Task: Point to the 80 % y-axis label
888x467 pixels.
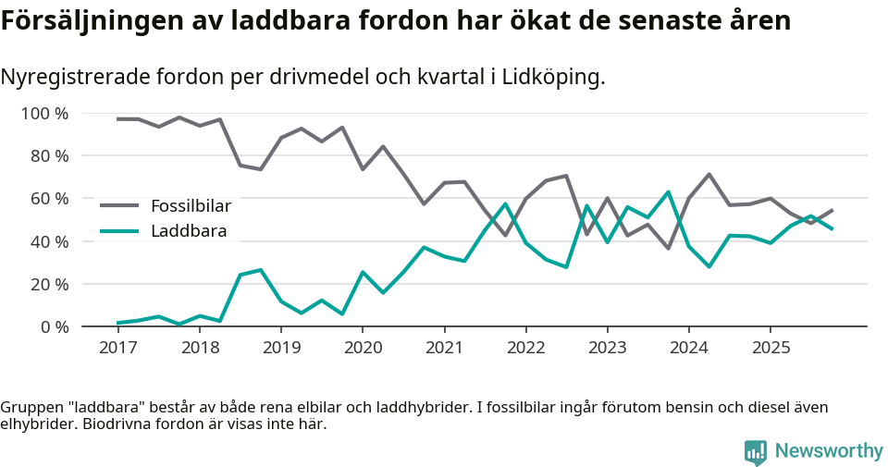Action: [50, 156]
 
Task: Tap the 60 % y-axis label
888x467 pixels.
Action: [50, 199]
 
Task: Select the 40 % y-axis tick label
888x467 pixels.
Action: [50, 241]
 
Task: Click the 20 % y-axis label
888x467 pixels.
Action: [50, 284]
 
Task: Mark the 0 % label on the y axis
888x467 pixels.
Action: [55, 326]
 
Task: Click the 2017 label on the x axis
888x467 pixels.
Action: [117, 348]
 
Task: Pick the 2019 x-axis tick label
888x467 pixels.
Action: [281, 348]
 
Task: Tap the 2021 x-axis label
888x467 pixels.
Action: [444, 348]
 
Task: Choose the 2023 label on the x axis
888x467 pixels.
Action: [608, 348]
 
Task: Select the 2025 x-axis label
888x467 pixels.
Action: [771, 348]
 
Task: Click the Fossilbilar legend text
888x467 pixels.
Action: [191, 205]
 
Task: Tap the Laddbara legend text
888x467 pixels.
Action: [189, 231]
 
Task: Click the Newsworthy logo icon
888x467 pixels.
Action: [756, 451]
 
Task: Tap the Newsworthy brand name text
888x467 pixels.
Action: [829, 451]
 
